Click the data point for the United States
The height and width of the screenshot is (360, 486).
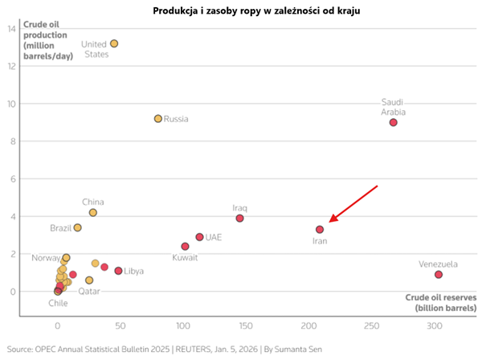tap(114, 43)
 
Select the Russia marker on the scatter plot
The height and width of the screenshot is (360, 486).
tap(158, 118)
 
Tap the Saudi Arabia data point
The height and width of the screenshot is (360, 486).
tap(394, 122)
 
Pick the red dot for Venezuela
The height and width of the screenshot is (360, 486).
tap(439, 275)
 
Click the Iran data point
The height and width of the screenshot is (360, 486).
tap(320, 230)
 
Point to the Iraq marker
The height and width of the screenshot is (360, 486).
tap(239, 219)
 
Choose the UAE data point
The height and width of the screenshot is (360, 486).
tap(199, 237)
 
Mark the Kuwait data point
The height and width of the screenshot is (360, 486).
tap(185, 247)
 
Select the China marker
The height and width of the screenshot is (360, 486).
tap(93, 213)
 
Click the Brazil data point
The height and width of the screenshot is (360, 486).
tap(78, 228)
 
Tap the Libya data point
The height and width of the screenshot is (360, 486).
tap(118, 271)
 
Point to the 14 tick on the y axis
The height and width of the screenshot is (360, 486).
tap(12, 29)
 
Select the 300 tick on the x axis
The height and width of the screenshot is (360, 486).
tap(435, 326)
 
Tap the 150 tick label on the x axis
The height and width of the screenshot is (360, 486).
tap(247, 326)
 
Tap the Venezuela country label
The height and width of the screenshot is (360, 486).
tap(439, 264)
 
